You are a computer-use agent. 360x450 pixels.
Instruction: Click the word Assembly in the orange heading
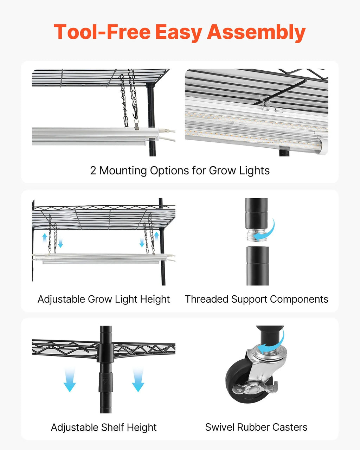[x=256, y=33]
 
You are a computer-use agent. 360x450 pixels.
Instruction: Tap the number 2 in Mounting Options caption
[x=93, y=171]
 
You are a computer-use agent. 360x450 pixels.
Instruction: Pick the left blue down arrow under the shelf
[x=70, y=380]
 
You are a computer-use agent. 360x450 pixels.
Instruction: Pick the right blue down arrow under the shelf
[x=138, y=380]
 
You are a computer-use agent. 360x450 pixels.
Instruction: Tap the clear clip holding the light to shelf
[x=267, y=104]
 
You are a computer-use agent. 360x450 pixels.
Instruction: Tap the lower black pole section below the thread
[x=258, y=266]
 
